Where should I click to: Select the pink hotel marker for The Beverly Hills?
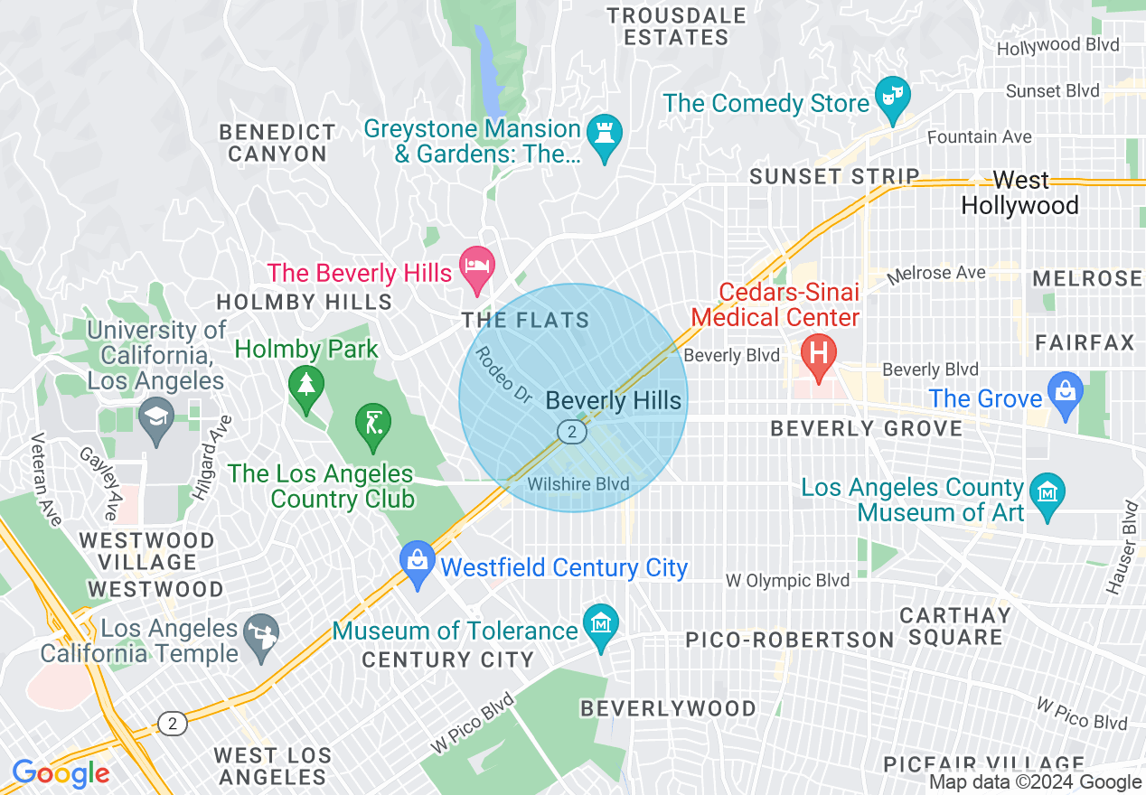[x=477, y=268]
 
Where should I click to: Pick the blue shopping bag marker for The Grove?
[x=1066, y=394]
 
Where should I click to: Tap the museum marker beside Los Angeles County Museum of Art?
[x=1047, y=494]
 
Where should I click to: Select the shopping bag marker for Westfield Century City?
[x=418, y=564]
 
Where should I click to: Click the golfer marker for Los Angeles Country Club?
[x=371, y=426]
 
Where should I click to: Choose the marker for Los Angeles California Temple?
[x=264, y=636]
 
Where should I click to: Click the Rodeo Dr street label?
[x=503, y=374]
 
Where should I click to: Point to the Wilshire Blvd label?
[x=578, y=484]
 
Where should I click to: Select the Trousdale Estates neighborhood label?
[x=675, y=26]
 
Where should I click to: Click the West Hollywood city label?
[x=1019, y=193]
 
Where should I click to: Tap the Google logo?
[x=61, y=773]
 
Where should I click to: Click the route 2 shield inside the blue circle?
[x=571, y=432]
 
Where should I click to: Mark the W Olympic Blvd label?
[x=788, y=580]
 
